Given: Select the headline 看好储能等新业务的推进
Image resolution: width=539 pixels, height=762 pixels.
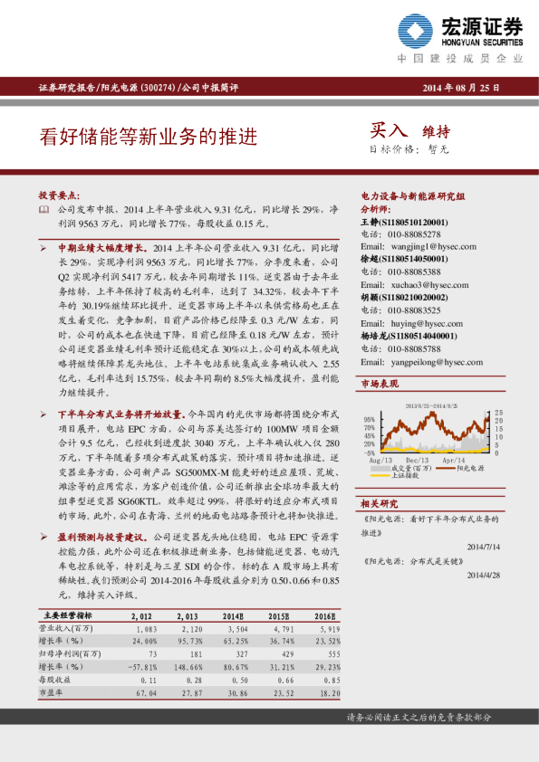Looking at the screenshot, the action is pos(149,137).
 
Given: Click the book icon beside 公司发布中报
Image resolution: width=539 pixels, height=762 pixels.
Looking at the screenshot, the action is pos(44,209).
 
